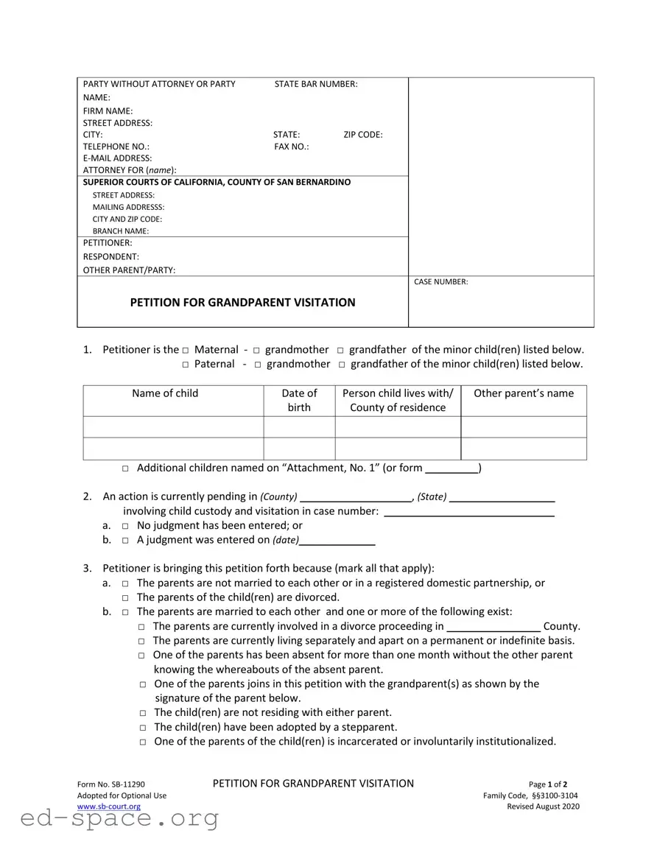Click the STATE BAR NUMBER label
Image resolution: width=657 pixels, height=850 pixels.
click(316, 84)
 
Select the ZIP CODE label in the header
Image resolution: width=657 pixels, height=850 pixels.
click(362, 135)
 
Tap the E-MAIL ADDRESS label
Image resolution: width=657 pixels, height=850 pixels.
click(117, 158)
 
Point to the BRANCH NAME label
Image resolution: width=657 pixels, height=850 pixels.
click(120, 231)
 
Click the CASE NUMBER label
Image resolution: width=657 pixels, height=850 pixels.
click(442, 281)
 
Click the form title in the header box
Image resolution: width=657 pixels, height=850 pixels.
click(242, 302)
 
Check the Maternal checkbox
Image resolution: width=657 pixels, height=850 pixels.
click(186, 351)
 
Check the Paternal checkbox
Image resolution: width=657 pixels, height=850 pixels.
click(186, 365)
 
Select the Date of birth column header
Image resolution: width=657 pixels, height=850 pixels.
click(299, 400)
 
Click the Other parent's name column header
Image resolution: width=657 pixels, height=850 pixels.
click(523, 393)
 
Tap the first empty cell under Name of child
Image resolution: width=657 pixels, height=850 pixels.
click(173, 427)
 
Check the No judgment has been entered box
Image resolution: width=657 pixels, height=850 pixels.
click(126, 526)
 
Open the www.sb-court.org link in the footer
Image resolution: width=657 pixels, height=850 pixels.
click(109, 807)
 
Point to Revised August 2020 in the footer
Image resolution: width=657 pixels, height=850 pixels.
click(543, 807)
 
